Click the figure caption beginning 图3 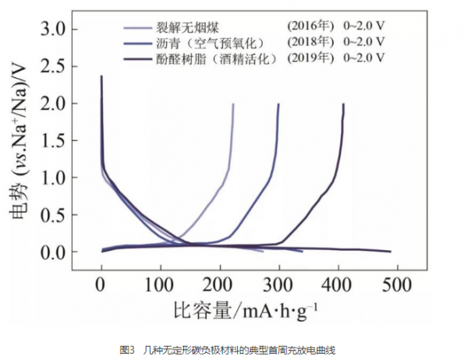click(233, 349)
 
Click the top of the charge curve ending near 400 click(343, 104)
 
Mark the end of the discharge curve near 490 click(389, 252)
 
